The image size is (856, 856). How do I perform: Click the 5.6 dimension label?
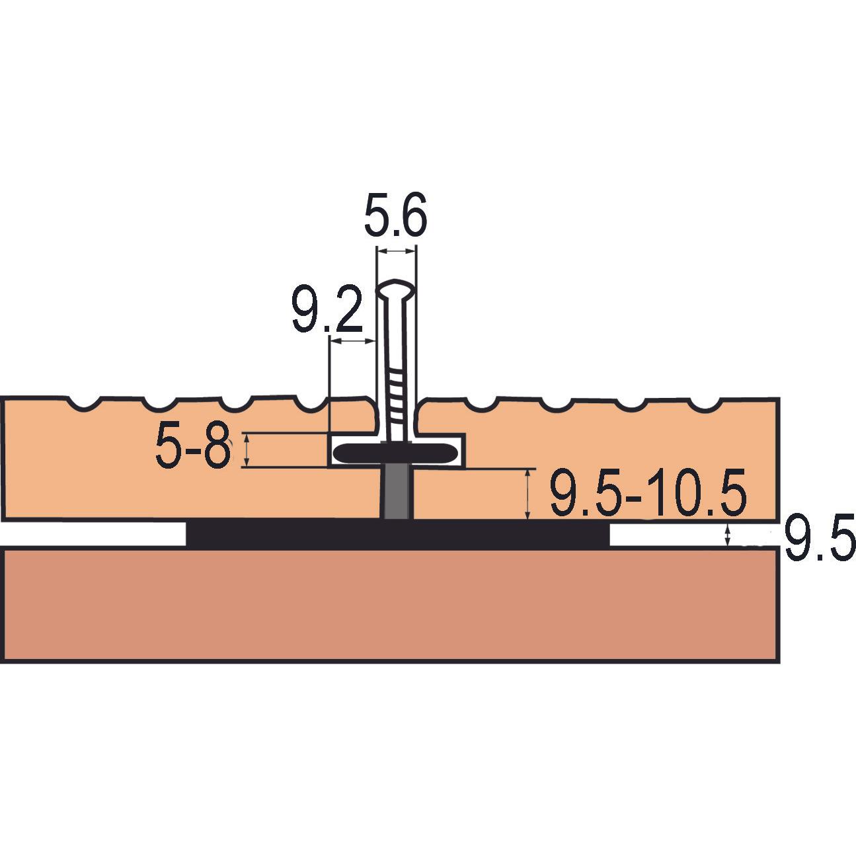click(x=395, y=215)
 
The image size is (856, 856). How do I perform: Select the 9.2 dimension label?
click(x=327, y=309)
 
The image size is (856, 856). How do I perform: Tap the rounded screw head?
click(x=396, y=289)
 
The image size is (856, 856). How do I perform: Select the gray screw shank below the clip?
click(x=397, y=492)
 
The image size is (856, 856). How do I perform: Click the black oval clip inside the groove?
click(x=396, y=453)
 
